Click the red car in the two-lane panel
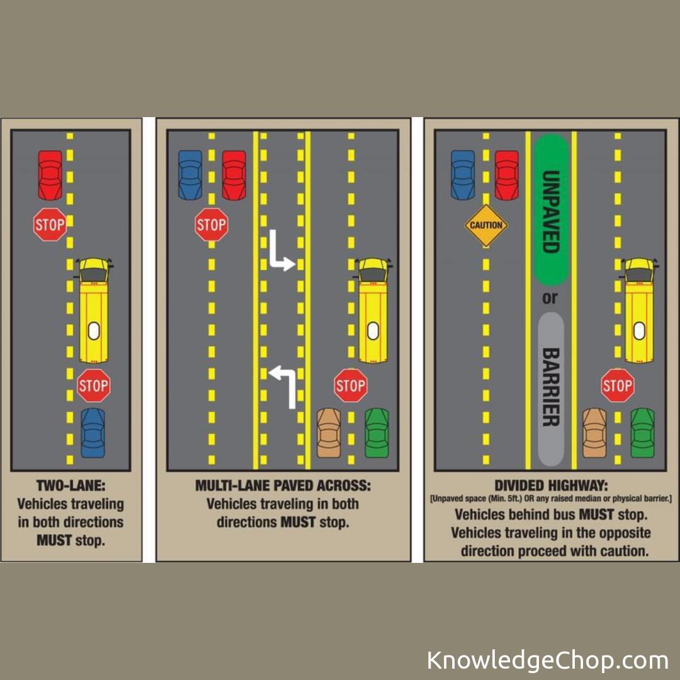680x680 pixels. (50, 175)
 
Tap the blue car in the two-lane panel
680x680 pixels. (93, 433)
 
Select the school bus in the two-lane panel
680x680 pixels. (94, 310)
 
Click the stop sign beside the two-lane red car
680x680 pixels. (50, 225)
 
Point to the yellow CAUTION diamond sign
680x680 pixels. (485, 225)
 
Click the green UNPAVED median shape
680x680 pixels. (551, 210)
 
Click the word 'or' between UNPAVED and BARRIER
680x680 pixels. (550, 298)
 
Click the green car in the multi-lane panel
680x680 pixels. (377, 433)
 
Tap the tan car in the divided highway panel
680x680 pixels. (594, 433)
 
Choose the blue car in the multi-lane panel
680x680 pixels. (190, 175)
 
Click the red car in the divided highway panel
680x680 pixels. (506, 175)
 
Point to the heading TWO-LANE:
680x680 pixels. (71, 485)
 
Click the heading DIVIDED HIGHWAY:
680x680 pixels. (551, 485)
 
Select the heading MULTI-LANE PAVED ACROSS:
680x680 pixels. (283, 485)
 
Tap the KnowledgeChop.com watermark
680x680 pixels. (547, 660)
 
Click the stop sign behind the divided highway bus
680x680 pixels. (618, 385)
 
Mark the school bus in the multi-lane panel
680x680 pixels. (373, 310)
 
